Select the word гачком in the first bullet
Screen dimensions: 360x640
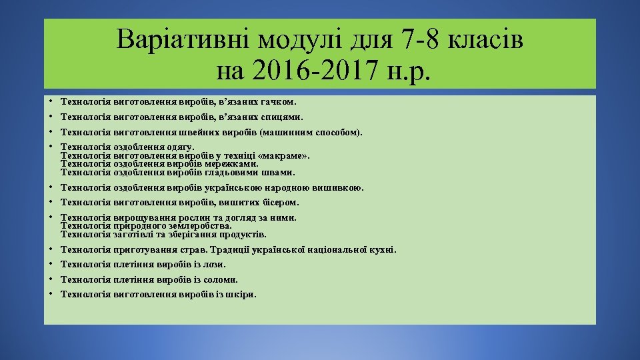click(278, 103)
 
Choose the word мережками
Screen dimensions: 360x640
click(236, 164)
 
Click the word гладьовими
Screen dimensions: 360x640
click(241, 173)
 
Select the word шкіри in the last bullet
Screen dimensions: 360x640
click(241, 294)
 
